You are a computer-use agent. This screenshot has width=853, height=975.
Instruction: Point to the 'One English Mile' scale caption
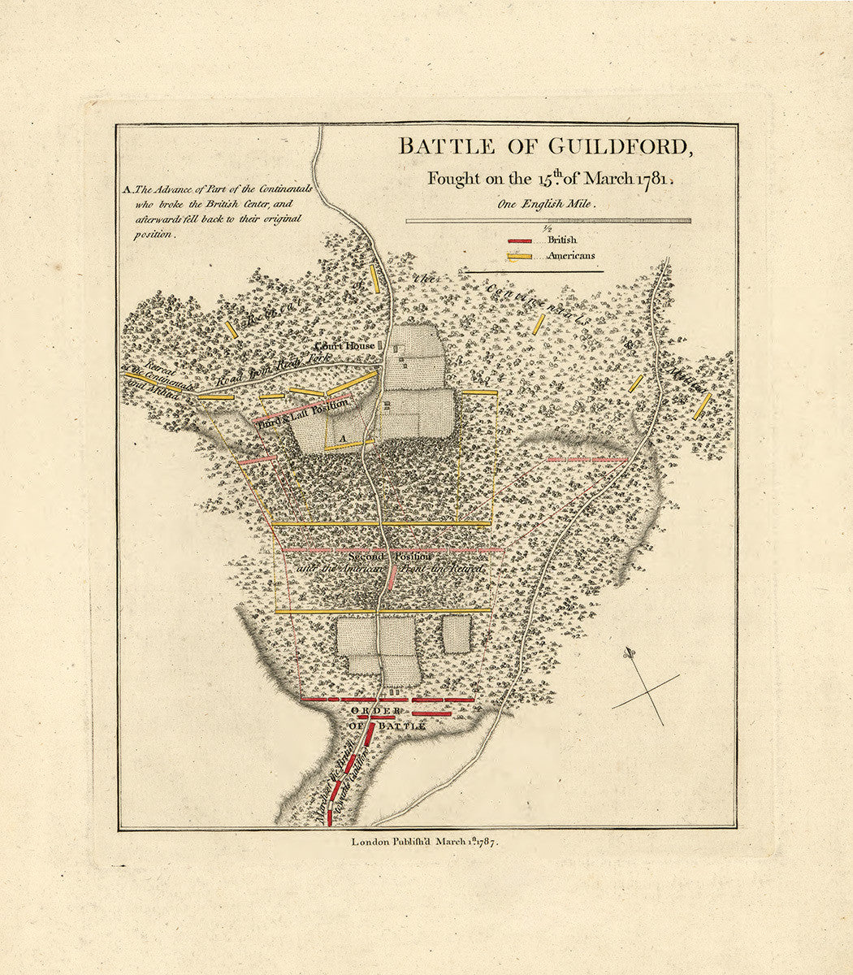(548, 206)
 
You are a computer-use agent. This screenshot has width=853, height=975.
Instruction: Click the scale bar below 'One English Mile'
(548, 220)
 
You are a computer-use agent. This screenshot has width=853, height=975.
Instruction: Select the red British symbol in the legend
(520, 241)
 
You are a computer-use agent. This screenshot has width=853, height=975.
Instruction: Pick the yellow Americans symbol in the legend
(520, 257)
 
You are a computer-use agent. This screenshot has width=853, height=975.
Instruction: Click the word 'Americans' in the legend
(570, 256)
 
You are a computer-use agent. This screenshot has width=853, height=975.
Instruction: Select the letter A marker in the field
(343, 438)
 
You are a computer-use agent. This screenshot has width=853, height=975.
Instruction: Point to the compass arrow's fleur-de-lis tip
(629, 652)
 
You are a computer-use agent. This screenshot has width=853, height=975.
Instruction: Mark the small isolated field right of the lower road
(457, 633)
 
